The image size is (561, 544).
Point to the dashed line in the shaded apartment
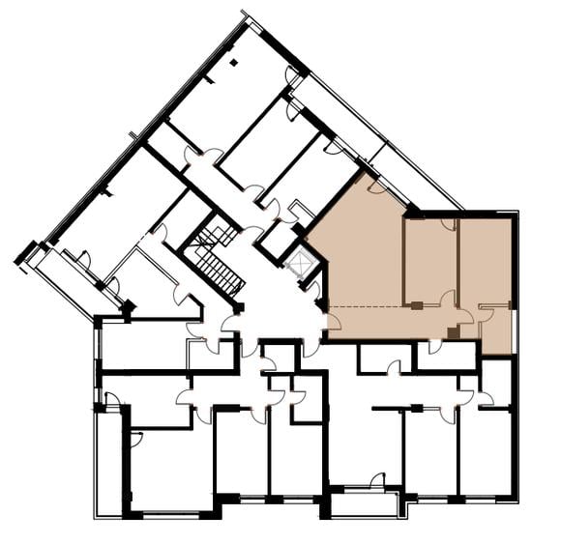coord(372,306)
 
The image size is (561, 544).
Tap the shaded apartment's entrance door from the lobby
coord(332,322)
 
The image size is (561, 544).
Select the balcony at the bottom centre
coord(365,502)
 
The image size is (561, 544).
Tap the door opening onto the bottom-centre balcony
coord(377,480)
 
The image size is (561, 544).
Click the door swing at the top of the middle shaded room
coord(448,225)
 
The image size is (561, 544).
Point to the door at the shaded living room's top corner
coord(375,186)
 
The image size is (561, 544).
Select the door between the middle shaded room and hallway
coord(447,298)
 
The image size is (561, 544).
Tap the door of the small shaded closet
coord(485,313)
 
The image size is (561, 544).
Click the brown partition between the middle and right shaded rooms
coord(458,261)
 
